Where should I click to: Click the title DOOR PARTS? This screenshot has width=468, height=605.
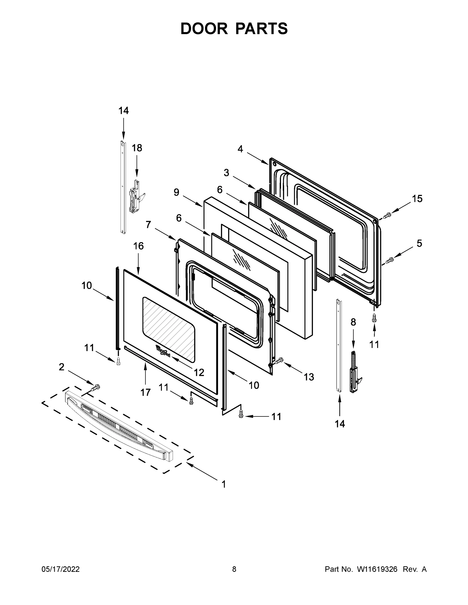(x=234, y=28)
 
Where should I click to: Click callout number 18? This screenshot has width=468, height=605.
(x=137, y=148)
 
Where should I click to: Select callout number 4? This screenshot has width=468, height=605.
(x=240, y=149)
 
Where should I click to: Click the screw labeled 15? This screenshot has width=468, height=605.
(x=387, y=215)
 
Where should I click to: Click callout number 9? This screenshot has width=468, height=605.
(x=177, y=192)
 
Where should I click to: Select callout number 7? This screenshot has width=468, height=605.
(x=148, y=224)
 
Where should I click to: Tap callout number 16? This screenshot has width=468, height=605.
(x=138, y=246)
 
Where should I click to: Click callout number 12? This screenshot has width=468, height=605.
(x=199, y=372)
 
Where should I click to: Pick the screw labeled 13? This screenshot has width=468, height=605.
(x=279, y=360)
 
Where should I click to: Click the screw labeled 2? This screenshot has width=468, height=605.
(x=96, y=387)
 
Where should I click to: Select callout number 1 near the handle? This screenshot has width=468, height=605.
(x=224, y=484)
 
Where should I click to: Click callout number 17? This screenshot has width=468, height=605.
(x=146, y=392)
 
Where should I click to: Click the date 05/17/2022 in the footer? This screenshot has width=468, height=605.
(x=61, y=569)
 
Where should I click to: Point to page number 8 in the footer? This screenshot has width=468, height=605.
(x=234, y=569)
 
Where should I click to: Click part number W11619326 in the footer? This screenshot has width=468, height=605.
(x=377, y=569)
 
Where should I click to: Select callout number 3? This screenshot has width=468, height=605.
(x=227, y=173)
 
